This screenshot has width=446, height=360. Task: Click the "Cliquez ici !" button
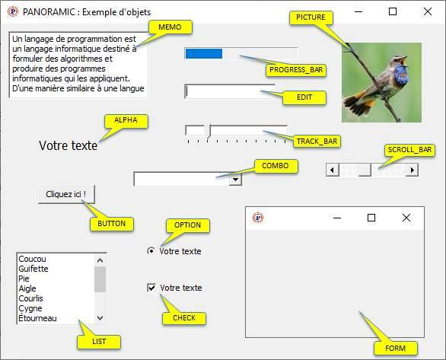[x=66, y=195]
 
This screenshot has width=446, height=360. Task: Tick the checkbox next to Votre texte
[x=151, y=288]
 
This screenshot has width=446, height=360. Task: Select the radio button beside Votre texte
[x=151, y=251]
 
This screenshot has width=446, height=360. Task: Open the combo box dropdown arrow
[x=235, y=180]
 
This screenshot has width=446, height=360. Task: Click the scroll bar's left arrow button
[x=332, y=170]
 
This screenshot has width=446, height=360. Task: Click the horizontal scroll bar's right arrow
[x=413, y=170]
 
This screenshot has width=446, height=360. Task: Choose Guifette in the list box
[x=33, y=269]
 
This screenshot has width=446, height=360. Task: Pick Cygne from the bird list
[x=30, y=308]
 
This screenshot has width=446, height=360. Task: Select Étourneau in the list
[x=37, y=318]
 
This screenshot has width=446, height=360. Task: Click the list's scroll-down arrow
[x=100, y=317]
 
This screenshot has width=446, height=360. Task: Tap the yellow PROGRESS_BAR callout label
[x=296, y=70]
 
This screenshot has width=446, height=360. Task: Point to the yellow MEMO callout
[x=170, y=27]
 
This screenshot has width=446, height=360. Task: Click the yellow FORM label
[x=395, y=349]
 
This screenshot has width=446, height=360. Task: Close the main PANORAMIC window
[x=428, y=11]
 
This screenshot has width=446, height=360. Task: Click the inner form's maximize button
[x=371, y=218]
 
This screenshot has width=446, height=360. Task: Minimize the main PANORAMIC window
[x=358, y=11]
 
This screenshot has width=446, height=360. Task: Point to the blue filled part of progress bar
[x=204, y=53]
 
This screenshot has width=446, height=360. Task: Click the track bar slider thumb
[x=209, y=132]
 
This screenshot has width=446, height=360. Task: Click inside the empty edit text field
[x=230, y=91]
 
